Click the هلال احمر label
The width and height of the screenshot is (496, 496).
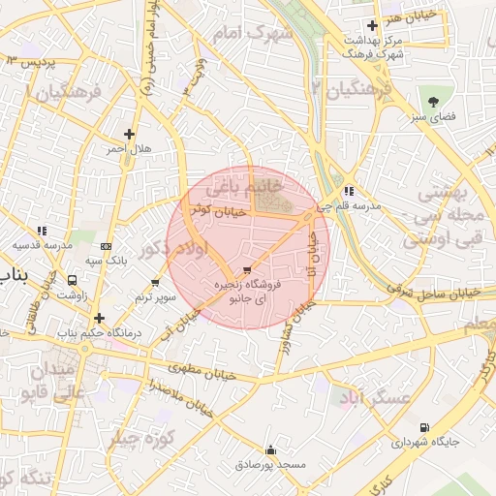pyautogui.click(x=129, y=150)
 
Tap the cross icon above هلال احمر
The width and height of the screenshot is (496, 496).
pyautogui.click(x=129, y=134)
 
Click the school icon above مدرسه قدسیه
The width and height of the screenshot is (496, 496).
pyautogui.click(x=42, y=231)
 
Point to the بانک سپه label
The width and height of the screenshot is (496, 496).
pyautogui.click(x=106, y=261)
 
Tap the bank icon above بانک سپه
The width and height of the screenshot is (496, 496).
pyautogui.click(x=106, y=246)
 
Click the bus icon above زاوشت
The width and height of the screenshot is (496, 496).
pyautogui.click(x=73, y=280)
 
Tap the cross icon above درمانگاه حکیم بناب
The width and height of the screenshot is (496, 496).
pyautogui.click(x=99, y=318)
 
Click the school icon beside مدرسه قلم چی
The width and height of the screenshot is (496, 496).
pyautogui.click(x=348, y=191)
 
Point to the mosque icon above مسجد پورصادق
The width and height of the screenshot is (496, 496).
pyautogui.click(x=270, y=449)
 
